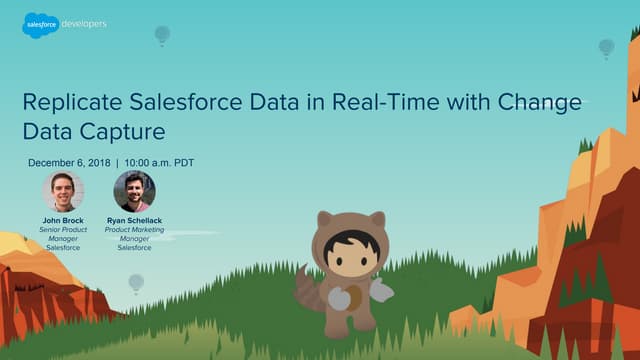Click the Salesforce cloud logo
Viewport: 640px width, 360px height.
pos(39,24)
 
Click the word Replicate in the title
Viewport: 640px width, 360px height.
pos(71,103)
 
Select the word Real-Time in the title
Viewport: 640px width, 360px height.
pos(381,103)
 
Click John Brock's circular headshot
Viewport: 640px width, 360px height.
pos(62,191)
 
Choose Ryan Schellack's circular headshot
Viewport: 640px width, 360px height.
pos(134,191)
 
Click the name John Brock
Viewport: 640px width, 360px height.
pos(62,219)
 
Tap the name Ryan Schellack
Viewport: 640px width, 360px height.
pos(134,219)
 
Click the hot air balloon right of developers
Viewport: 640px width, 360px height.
pos(162,35)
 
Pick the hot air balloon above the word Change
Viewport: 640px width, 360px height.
pos(606,47)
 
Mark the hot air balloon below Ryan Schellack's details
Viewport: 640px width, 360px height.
pos(136,282)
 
